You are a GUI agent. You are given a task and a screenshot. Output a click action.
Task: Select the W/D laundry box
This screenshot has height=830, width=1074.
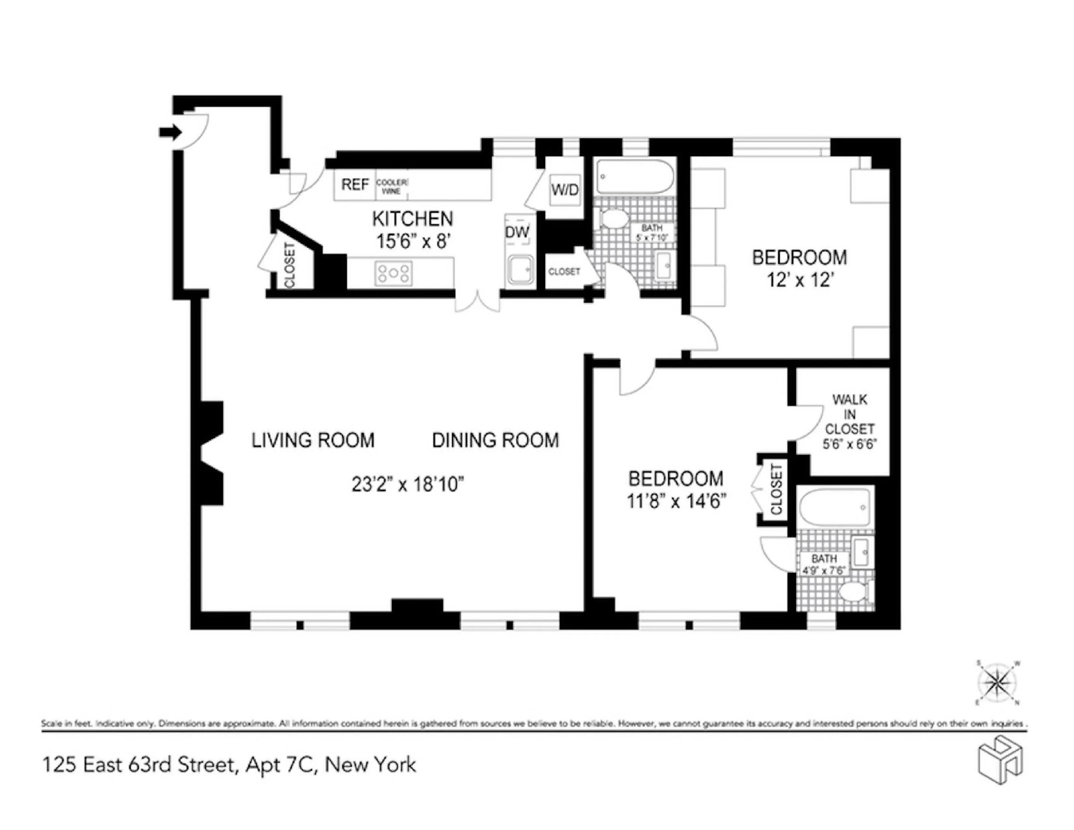tap(565, 190)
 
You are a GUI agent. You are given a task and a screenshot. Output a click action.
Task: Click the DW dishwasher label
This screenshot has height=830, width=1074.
tap(517, 232)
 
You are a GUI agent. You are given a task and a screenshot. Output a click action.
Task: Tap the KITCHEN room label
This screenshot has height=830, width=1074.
tap(412, 219)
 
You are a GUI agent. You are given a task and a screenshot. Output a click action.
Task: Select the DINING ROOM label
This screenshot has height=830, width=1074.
tap(495, 440)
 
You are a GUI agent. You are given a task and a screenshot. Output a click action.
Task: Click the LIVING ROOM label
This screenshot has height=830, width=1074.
tap(313, 440)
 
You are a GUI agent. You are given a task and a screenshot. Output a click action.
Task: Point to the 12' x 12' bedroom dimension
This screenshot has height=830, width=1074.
tap(800, 280)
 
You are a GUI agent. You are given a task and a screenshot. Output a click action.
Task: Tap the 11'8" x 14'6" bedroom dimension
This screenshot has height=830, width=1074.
tap(676, 501)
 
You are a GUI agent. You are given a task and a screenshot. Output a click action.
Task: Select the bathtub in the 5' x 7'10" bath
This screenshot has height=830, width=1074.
tap(634, 177)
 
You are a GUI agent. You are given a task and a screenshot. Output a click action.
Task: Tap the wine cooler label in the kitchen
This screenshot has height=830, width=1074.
tap(392, 187)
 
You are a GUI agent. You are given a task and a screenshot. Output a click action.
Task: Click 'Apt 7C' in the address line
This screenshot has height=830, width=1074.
tap(279, 765)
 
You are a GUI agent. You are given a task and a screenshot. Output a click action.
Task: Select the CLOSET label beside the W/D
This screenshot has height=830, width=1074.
tap(564, 271)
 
